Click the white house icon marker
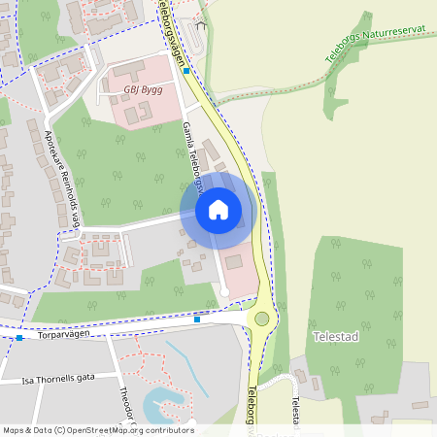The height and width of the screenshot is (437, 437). point(218,209)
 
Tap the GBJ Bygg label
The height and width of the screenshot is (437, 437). point(144,89)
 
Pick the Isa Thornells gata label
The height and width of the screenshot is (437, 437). point(58,379)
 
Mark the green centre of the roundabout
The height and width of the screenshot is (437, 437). point(261,319)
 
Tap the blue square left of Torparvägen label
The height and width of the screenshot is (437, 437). point(19,338)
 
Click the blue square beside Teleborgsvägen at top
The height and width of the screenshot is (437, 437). point(186,71)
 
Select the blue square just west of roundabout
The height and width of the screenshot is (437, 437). point(197,319)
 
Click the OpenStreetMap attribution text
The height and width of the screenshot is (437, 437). point(97,430)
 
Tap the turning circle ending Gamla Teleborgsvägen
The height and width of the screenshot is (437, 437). point(224,291)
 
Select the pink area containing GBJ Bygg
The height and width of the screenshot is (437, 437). point(146,97)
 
